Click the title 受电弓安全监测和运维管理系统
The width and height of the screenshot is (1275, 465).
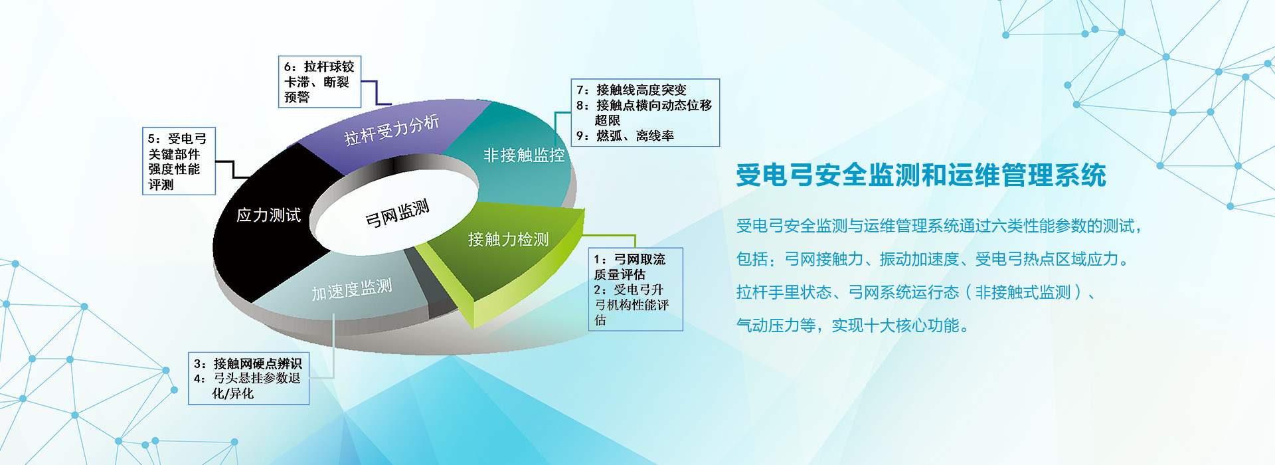[921, 175]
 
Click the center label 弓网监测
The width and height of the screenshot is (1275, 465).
[397, 213]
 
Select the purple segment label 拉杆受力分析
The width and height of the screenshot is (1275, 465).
[392, 129]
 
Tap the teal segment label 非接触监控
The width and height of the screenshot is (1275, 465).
[524, 155]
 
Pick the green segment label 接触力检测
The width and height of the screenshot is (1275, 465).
[509, 239]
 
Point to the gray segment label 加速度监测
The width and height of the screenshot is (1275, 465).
[352, 290]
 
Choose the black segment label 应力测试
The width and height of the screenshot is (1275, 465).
[269, 215]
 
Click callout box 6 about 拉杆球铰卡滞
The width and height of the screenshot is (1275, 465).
[319, 82]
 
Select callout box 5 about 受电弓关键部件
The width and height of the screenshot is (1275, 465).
[179, 161]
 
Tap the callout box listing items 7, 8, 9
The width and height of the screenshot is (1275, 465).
[645, 113]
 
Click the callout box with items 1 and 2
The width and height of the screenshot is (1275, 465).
[636, 289]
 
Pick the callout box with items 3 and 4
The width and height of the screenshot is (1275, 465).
[249, 379]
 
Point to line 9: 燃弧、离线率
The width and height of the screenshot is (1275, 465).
[625, 136]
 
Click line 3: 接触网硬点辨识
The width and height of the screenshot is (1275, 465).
[248, 363]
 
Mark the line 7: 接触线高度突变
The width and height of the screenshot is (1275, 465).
[632, 90]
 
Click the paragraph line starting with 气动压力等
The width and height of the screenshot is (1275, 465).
[853, 325]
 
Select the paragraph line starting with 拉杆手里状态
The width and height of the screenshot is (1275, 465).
[916, 292]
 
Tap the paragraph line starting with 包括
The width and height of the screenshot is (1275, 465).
[932, 259]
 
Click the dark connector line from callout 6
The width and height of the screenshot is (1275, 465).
[376, 92]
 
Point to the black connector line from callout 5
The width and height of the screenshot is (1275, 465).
[233, 169]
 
